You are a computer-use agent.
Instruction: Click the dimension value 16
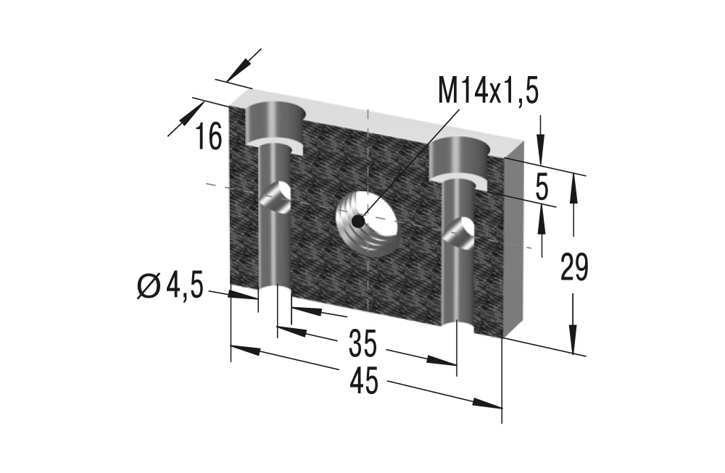[x=208, y=136]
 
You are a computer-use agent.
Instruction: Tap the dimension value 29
[x=573, y=268]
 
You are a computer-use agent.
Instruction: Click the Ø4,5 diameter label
[x=167, y=287]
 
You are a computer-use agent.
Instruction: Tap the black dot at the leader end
[x=357, y=220]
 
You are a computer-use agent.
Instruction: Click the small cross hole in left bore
[x=275, y=196]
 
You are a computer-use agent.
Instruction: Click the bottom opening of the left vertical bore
[x=275, y=292]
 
